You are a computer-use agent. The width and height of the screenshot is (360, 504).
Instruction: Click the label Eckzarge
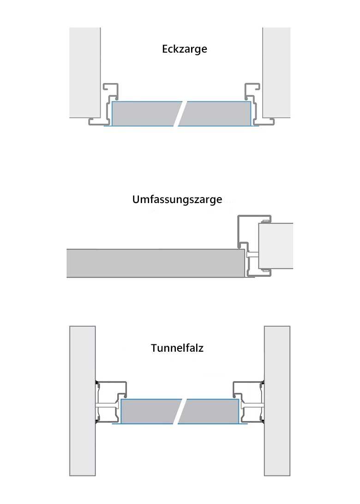pyautogui.click(x=185, y=49)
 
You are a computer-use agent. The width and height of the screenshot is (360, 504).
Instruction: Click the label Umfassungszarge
pyautogui.click(x=177, y=200)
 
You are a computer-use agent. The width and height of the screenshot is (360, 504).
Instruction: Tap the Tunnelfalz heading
pyautogui.click(x=177, y=348)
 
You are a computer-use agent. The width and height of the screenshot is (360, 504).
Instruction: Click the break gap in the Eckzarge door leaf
pyautogui.click(x=180, y=114)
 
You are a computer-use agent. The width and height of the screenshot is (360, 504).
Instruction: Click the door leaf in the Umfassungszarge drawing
pyautogui.click(x=155, y=263)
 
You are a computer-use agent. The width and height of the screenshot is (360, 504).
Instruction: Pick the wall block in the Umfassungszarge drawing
pyautogui.click(x=276, y=246)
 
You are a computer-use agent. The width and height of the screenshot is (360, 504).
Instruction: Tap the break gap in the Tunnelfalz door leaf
pyautogui.click(x=180, y=411)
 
